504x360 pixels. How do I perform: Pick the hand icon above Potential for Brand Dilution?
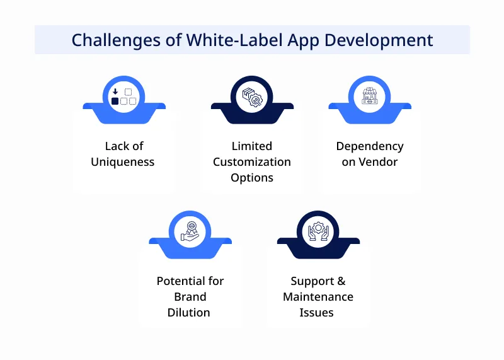point(190,231)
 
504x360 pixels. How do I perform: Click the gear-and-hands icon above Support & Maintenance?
point(318,231)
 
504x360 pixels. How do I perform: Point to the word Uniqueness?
point(123,162)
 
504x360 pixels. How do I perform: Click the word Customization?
point(252,162)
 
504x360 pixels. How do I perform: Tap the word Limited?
point(252,146)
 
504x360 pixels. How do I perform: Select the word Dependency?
point(370,146)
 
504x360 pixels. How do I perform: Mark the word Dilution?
point(189,313)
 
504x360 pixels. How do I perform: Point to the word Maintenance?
point(318,297)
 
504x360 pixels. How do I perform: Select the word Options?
point(252,178)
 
